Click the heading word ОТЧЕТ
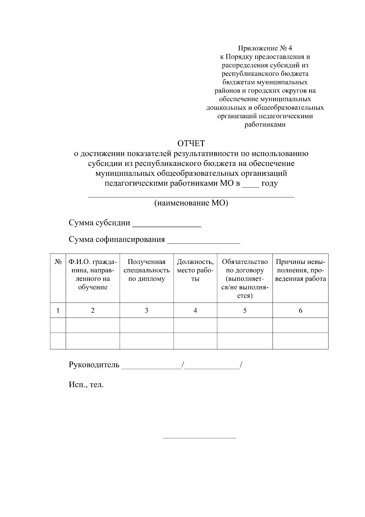[191, 143]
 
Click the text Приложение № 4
[265, 48]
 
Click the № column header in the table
[58, 262]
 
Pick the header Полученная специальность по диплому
[146, 270]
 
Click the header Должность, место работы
[195, 270]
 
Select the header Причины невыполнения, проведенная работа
[300, 270]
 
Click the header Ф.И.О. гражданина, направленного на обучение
[92, 274]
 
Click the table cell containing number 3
[146, 310]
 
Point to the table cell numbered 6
[300, 310]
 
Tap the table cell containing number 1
[58, 310]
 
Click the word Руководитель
[94, 365]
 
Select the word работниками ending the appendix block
[265, 125]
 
